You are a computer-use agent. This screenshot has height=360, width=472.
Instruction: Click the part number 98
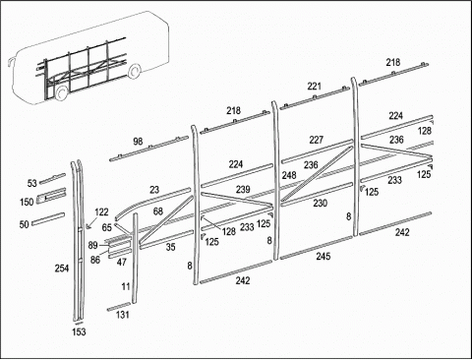pos(138,142)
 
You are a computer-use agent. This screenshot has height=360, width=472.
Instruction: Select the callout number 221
pos(314,87)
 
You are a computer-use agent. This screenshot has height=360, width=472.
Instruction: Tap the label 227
pos(317,140)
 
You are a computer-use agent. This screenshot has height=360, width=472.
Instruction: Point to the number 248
pos(289,175)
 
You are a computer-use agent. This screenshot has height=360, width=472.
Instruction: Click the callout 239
pos(243,189)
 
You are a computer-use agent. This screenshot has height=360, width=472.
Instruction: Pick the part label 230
pos(320,204)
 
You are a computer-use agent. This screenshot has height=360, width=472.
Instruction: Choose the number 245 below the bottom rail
pos(324,256)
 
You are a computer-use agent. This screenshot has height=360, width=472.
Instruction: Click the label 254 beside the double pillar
pos(62,269)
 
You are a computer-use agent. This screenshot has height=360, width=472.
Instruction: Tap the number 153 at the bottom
pos(79,331)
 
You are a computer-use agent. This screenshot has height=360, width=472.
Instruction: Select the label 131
pos(123,315)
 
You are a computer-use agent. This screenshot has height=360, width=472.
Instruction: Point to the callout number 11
pos(126,286)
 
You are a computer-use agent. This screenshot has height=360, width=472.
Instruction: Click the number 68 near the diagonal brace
pos(158,211)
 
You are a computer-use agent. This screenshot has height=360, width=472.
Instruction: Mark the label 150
pos(27,202)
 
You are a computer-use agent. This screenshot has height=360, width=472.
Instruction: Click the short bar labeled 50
pos(48,218)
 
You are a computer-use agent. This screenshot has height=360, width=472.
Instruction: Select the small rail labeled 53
pos(52,179)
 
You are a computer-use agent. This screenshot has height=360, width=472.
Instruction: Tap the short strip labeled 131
pos(119,306)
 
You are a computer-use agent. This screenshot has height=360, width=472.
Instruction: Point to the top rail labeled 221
pos(315,98)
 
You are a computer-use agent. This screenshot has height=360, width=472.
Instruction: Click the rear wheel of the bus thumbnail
pos(134,72)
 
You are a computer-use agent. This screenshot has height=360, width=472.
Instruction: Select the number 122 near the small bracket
pos(101,212)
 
